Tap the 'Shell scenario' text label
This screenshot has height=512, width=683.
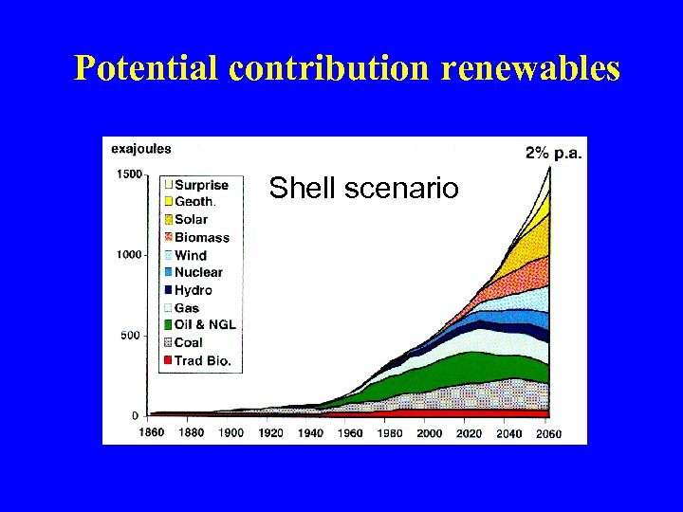363,189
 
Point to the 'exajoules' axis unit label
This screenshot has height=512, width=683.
141,149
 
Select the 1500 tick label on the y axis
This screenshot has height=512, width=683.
128,174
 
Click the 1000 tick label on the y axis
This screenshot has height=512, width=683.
128,254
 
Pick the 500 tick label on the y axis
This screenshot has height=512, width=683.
131,335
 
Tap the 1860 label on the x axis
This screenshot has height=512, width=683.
151,433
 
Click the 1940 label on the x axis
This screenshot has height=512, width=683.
310,433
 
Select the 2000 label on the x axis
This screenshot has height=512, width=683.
429,433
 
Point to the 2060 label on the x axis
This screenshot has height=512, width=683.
548,433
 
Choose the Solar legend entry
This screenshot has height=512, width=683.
191,220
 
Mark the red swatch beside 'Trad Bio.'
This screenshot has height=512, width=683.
167,360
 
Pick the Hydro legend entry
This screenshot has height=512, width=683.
193,290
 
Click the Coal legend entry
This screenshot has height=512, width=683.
188,342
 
